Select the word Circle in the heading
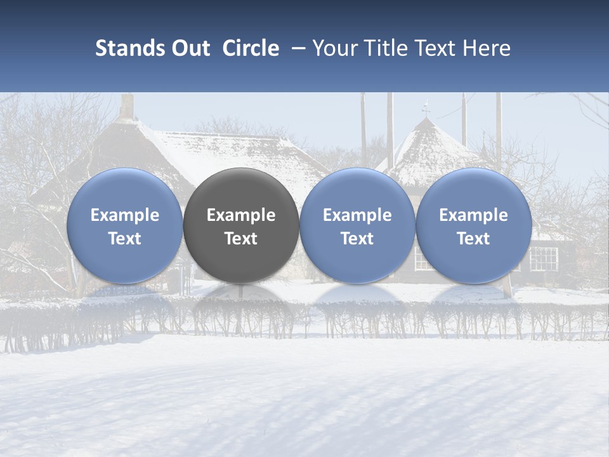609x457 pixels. pyautogui.click(x=251, y=48)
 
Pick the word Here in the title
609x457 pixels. pyautogui.click(x=487, y=48)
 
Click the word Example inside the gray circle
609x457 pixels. pyautogui.click(x=241, y=215)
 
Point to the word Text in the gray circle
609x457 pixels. pyautogui.click(x=241, y=239)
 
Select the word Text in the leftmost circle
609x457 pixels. pyautogui.click(x=124, y=239)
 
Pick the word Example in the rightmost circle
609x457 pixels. pyautogui.click(x=474, y=215)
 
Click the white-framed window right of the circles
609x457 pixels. pyautogui.click(x=543, y=258)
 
